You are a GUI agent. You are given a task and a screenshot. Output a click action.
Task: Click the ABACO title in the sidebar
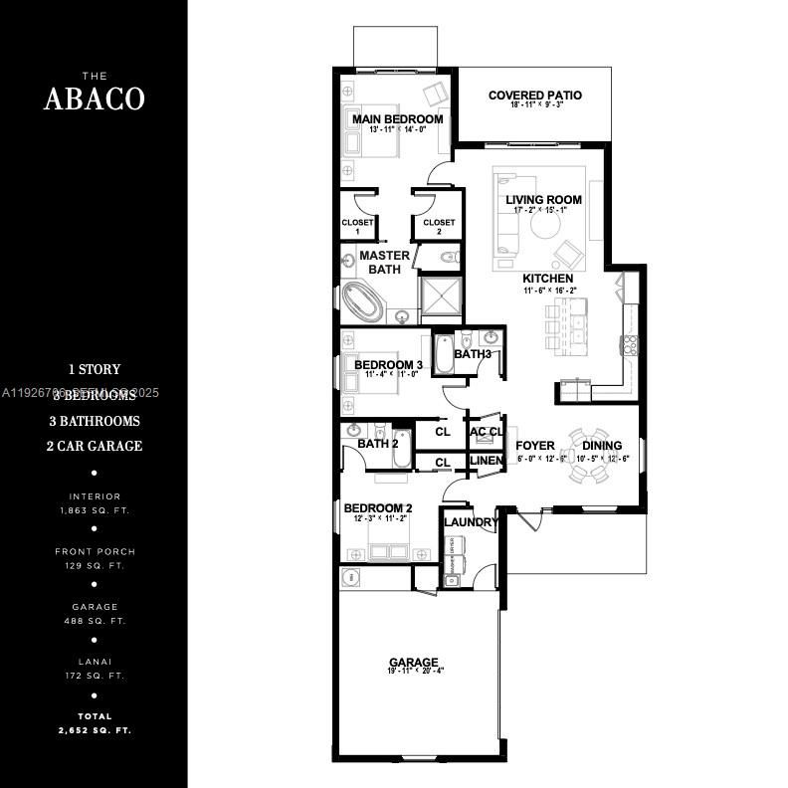point(95,98)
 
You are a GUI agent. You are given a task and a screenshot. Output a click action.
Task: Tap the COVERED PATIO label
point(535,96)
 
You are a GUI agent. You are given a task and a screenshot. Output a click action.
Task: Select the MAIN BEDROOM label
point(398,119)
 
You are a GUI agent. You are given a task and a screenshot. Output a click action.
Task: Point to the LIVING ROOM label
point(543,200)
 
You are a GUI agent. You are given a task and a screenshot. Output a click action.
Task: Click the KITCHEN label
point(548,278)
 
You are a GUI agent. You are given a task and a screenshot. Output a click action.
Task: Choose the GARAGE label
point(414,662)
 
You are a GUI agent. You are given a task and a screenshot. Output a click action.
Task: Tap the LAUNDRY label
point(471,522)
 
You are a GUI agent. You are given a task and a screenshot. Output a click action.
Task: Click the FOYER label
point(535,446)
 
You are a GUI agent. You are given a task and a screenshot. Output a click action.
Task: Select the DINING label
point(602,446)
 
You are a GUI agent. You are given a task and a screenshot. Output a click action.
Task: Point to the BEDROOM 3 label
point(388,365)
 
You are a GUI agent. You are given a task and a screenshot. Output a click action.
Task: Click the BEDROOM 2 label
point(378,507)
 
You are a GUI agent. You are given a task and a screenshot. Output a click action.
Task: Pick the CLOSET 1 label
point(357,223)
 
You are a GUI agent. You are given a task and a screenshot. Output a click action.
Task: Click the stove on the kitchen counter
point(629,345)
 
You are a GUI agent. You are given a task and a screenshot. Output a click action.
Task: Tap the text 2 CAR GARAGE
point(95,446)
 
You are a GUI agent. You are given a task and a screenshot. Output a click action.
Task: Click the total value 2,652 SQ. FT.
point(95,730)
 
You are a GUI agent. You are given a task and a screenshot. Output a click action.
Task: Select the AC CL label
point(486,432)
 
